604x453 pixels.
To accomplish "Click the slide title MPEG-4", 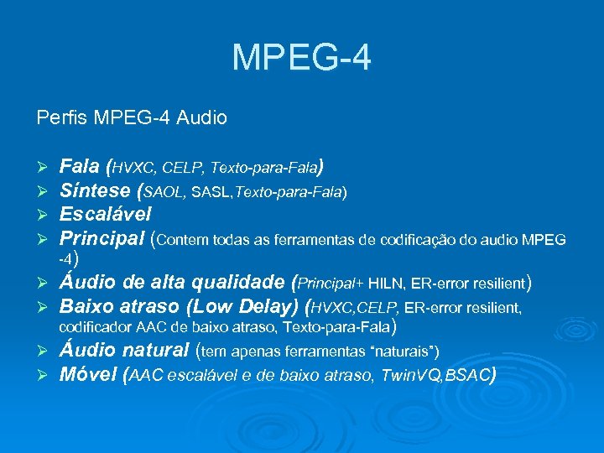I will pos(301,58).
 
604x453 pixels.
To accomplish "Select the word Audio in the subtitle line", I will pos(200,117).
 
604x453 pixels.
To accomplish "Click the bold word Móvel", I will pos(87,373).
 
